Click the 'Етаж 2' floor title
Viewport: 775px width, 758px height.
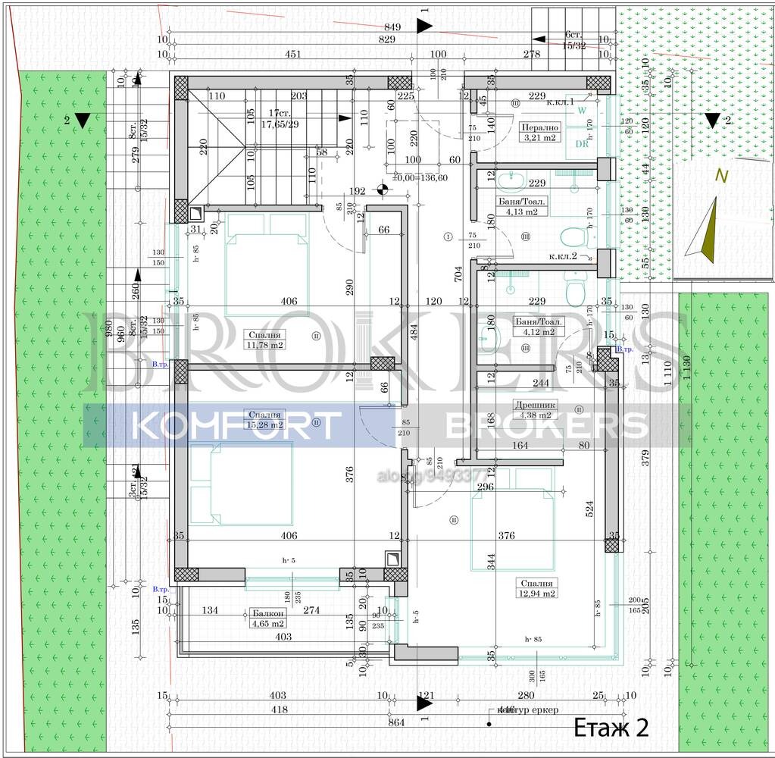point(611,728)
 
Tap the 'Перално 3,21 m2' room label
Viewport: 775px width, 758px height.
point(539,133)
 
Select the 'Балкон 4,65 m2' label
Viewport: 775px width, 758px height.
point(267,618)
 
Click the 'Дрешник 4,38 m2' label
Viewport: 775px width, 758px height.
point(536,409)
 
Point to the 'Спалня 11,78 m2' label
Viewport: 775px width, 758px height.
point(264,339)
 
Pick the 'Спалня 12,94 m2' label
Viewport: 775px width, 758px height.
point(538,588)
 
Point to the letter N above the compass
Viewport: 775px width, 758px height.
point(722,176)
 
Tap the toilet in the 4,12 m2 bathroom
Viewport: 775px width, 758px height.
point(575,289)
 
